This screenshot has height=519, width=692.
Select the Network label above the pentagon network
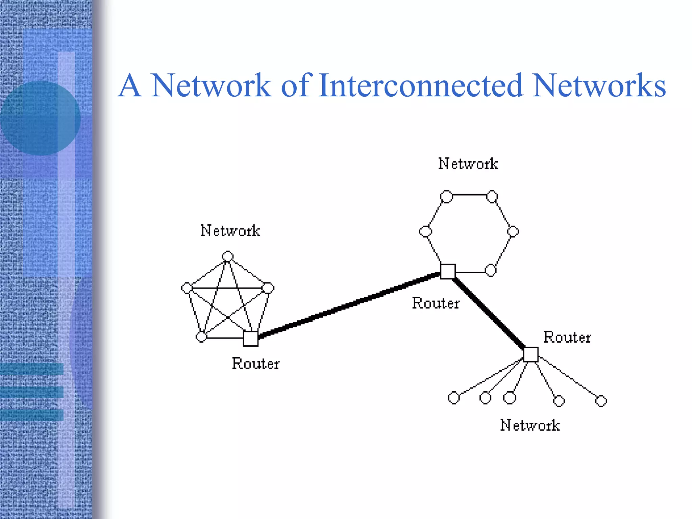pos(230,231)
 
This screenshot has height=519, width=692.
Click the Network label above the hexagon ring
pos(468,164)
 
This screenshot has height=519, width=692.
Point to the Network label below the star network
pos(530,425)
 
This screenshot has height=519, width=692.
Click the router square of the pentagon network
pos(251,339)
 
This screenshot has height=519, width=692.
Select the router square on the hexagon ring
pos(448,271)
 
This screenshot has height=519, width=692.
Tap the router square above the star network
pos(530,354)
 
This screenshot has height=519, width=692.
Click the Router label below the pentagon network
pos(255,364)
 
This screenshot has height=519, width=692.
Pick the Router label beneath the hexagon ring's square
pos(436,303)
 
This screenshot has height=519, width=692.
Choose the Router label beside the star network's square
pos(567,337)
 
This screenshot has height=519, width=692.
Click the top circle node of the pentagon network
pos(227,256)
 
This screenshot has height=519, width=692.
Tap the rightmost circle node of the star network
pos(601,401)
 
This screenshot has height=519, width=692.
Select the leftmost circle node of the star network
pos(453,398)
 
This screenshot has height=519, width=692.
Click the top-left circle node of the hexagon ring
pos(446,197)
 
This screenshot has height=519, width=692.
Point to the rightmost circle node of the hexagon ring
pos(513,231)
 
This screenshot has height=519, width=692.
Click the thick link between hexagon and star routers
pos(489,313)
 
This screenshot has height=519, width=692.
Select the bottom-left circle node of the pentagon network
pos(201,337)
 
